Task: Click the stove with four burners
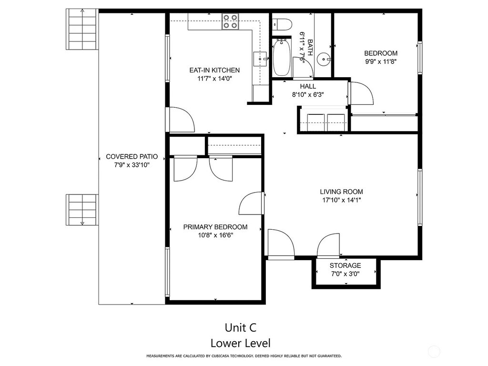[230, 22]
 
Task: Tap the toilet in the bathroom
[282, 24]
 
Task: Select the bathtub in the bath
[282, 57]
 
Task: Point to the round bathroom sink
[324, 59]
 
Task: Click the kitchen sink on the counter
[260, 59]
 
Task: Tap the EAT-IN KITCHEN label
[214, 71]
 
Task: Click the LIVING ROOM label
[341, 192]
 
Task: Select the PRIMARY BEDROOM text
[215, 227]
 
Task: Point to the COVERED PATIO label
[132, 156]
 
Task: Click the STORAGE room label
[346, 265]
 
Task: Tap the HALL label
[308, 86]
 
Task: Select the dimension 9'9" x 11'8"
[381, 61]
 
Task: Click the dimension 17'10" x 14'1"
[341, 200]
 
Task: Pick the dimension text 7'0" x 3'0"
[346, 274]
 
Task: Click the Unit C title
[241, 328]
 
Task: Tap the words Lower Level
[241, 343]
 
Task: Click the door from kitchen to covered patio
[181, 120]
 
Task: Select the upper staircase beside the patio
[82, 29]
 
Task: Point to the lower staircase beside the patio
[82, 210]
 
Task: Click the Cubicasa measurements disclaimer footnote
[244, 356]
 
